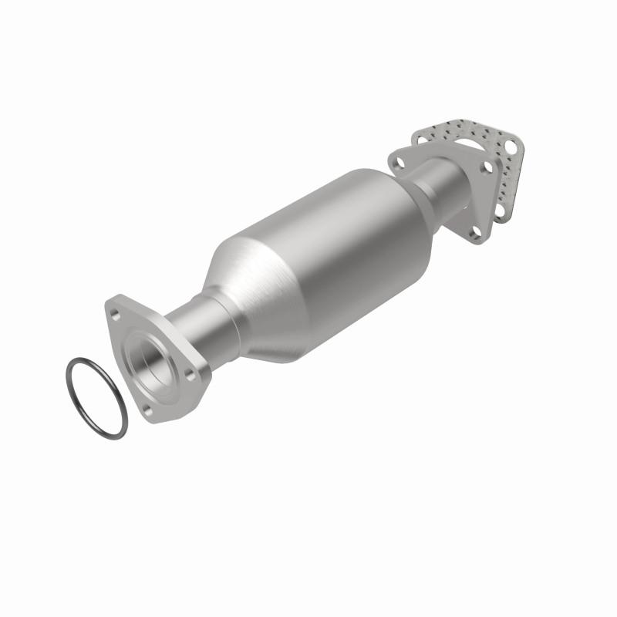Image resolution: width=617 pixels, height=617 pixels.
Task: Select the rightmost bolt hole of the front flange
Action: click(x=190, y=375)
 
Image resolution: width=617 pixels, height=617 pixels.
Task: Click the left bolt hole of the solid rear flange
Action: click(x=400, y=163)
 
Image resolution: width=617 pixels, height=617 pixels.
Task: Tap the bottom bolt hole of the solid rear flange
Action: click(x=476, y=231)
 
